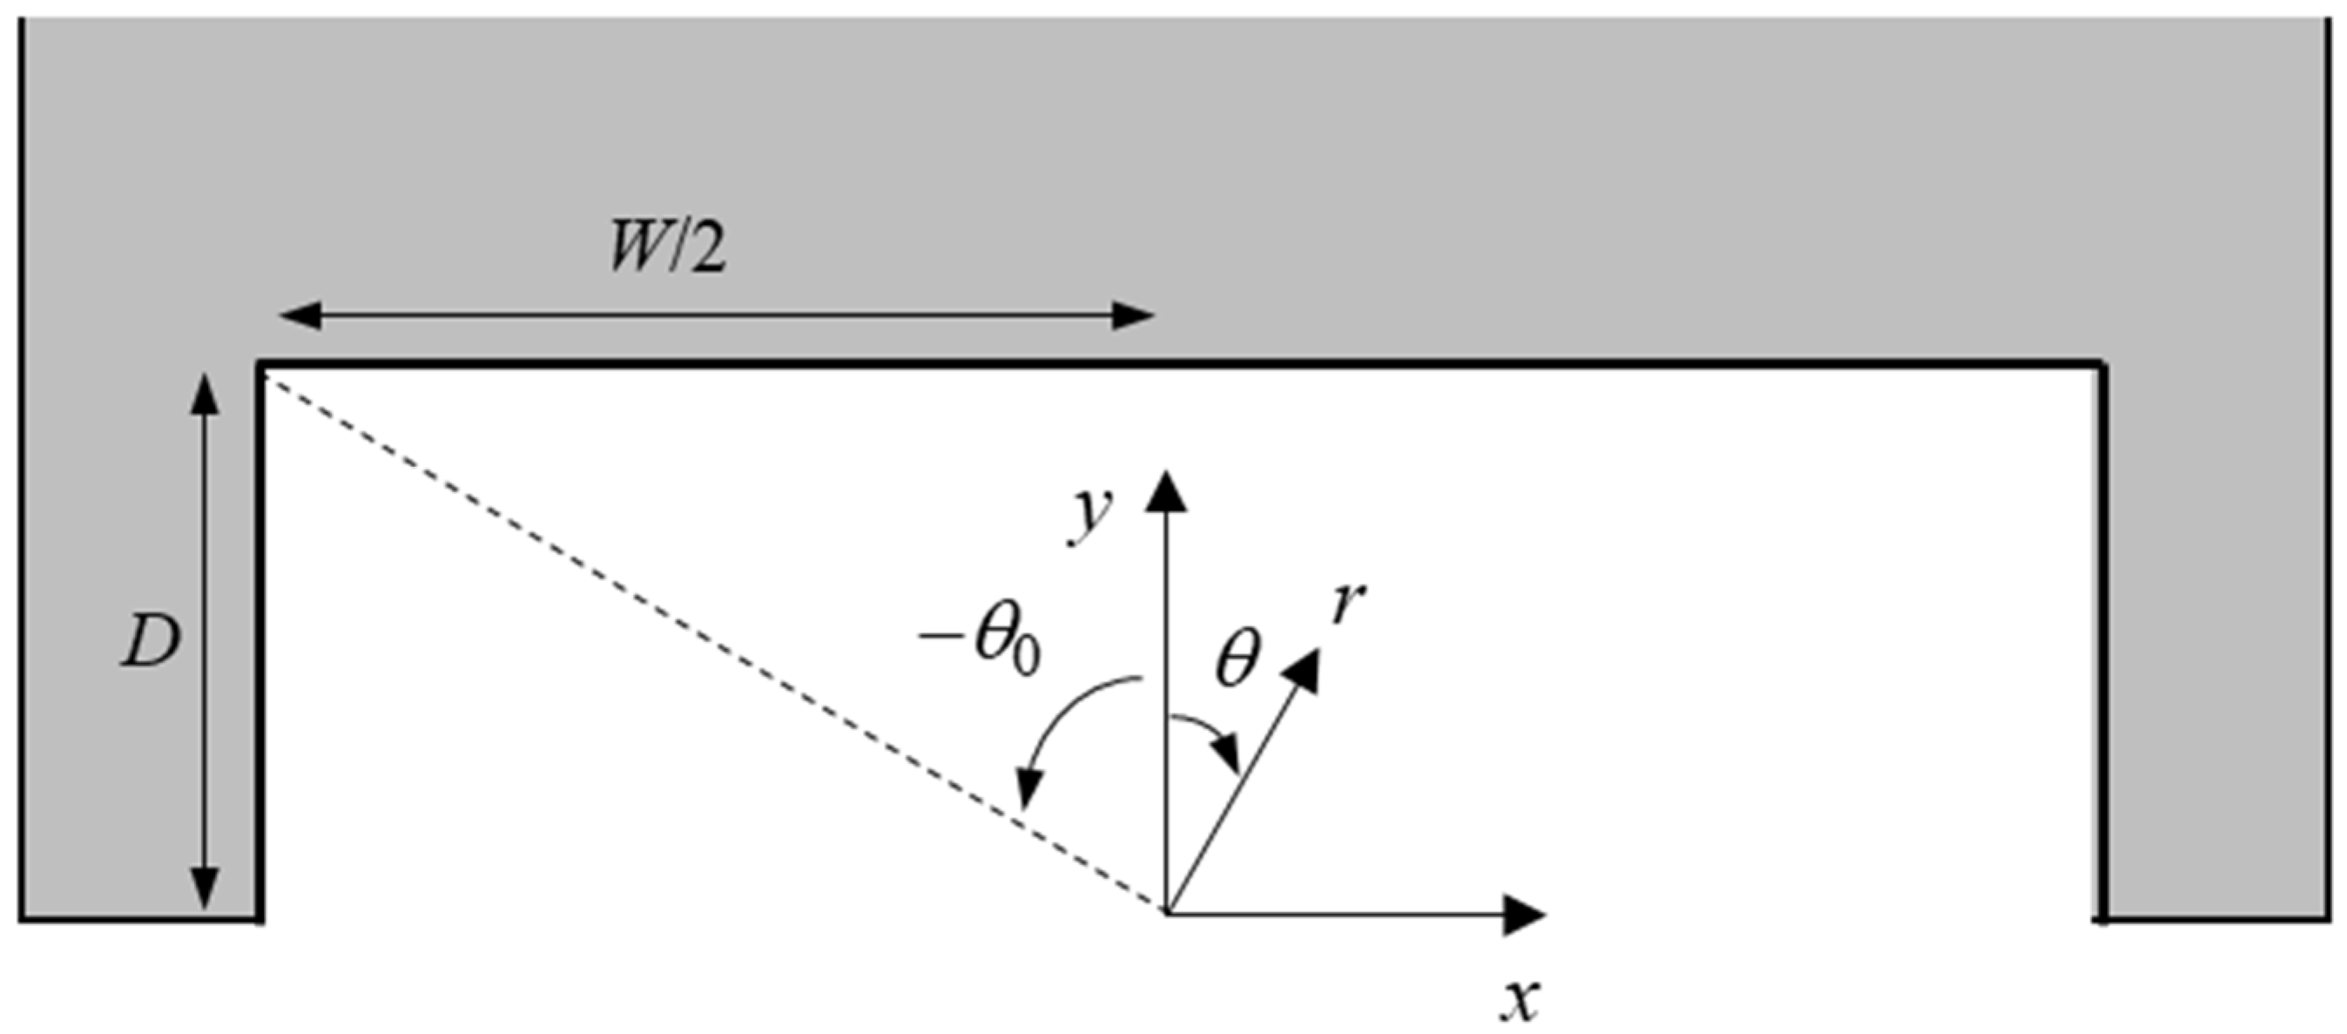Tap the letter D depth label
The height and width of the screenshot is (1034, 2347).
(151, 644)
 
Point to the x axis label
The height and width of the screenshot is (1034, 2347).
(1520, 1000)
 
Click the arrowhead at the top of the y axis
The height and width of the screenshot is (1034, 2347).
(1165, 490)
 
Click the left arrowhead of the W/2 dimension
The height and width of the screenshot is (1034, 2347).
(299, 317)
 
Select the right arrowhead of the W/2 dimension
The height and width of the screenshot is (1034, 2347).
(1135, 317)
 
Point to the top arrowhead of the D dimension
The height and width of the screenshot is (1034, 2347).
(205, 394)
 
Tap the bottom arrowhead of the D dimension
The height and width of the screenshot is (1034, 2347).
(205, 889)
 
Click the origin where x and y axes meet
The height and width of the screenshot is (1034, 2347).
(1166, 913)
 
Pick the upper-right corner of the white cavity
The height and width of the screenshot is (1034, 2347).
(2100, 366)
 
